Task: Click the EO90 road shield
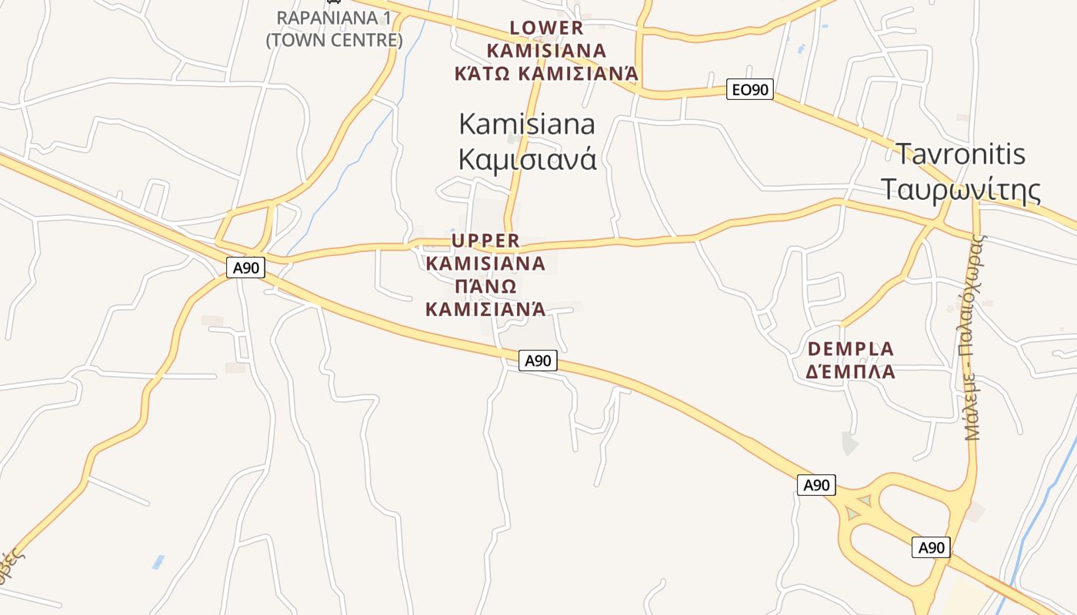749,90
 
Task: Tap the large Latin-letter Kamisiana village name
527,124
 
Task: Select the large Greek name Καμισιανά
527,159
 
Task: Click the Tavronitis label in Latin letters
960,154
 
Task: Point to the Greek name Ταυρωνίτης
960,189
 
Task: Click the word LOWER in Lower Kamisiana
547,28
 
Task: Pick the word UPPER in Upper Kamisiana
485,241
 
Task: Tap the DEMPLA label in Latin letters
851,349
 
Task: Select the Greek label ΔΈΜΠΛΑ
851,372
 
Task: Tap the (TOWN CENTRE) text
334,40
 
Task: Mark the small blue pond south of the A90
158,562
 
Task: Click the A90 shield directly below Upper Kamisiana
538,361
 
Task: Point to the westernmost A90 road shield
246,268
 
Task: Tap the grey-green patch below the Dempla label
849,444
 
